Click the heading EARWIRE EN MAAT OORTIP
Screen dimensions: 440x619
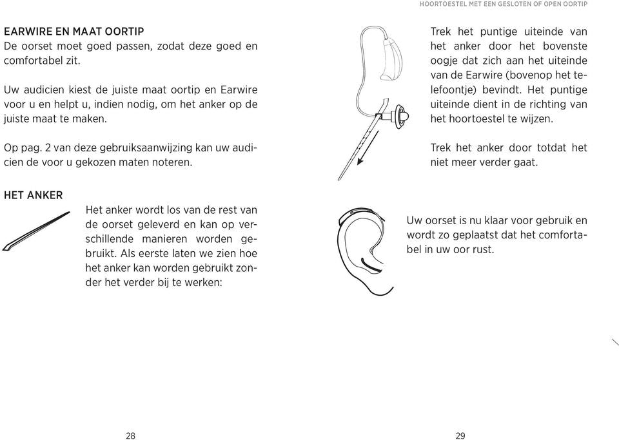click(x=74, y=31)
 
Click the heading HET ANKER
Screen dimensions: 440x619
click(x=33, y=195)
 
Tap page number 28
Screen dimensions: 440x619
click(x=131, y=436)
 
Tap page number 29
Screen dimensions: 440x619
click(x=460, y=436)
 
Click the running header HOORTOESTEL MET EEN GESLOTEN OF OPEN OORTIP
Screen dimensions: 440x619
click(x=504, y=4)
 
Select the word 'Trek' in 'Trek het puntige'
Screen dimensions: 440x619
click(x=441, y=32)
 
